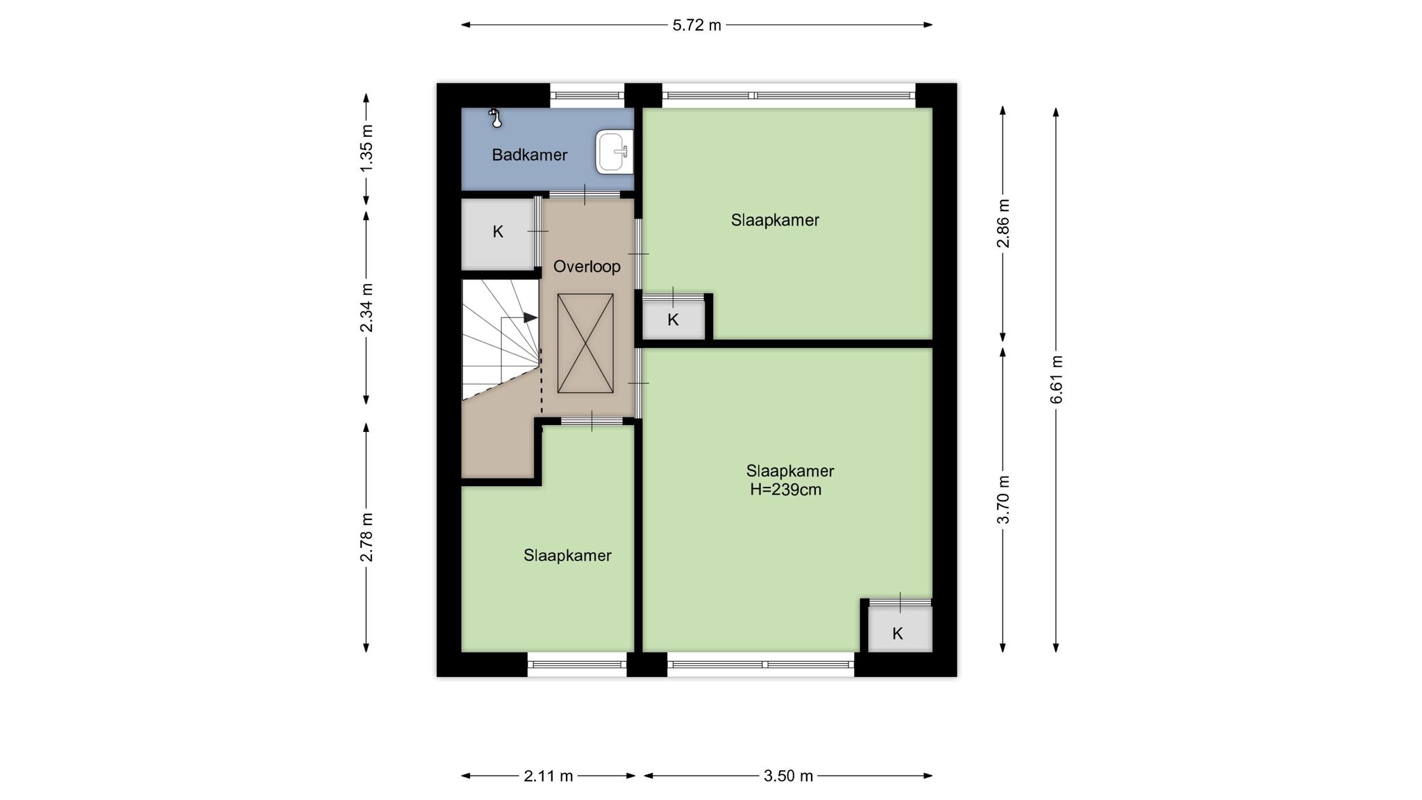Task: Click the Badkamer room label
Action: pos(530,155)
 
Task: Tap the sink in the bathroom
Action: pos(614,151)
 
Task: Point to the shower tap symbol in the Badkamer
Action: pos(495,118)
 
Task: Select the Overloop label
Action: pos(587,266)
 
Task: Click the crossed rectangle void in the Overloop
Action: pos(585,343)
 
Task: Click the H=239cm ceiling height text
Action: pos(785,490)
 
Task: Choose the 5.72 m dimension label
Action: pos(697,26)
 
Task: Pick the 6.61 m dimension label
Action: pos(1056,379)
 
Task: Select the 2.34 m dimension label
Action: pos(367,308)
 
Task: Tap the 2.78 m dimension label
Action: pos(367,537)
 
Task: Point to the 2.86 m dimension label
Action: pos(1003,223)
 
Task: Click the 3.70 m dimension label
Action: pos(1003,500)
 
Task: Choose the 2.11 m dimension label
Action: pos(549,776)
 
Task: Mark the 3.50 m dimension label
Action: pos(788,776)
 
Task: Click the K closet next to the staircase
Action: pos(498,233)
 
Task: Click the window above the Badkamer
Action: pos(587,95)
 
